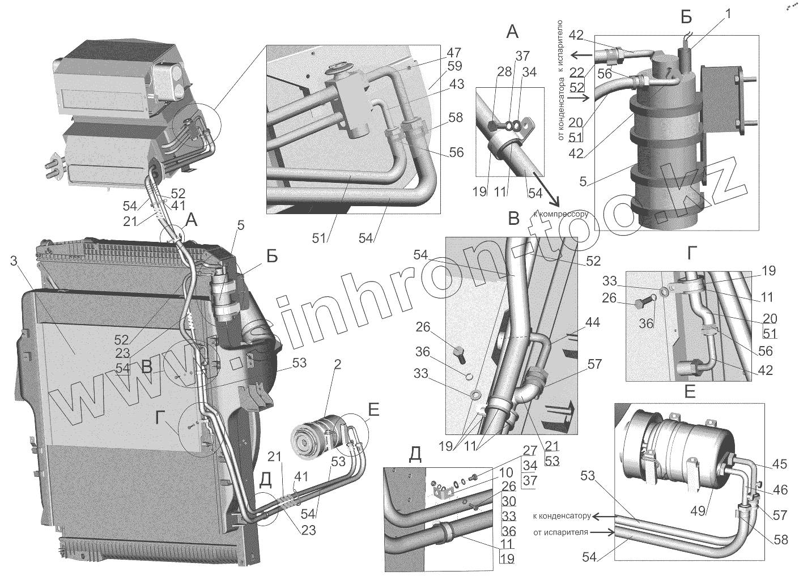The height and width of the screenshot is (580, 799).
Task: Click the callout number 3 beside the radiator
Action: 14,261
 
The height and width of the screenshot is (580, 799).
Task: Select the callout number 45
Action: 780,464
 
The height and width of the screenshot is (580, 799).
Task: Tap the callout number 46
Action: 780,489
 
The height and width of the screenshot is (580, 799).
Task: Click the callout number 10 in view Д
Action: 506,472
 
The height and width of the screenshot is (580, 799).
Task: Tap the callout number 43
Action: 456,84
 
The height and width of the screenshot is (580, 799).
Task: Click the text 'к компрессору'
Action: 560,214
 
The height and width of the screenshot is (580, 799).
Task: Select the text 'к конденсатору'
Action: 562,516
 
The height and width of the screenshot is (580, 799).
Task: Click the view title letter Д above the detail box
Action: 415,454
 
